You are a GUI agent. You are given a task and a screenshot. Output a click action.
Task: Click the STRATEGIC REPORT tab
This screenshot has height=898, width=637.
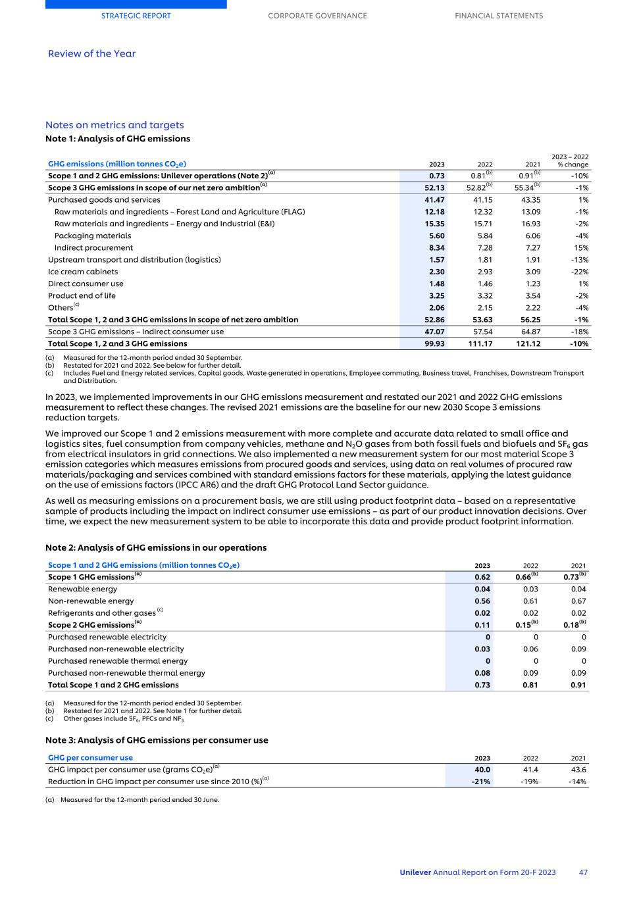(136, 16)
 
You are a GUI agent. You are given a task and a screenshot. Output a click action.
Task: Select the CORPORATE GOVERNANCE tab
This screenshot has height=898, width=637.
(317, 16)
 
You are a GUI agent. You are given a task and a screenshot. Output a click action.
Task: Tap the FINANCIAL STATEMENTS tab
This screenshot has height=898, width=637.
(499, 16)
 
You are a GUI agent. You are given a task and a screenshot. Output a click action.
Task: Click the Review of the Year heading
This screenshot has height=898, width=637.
(91, 54)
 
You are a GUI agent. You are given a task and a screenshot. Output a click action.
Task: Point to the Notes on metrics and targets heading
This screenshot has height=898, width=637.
(115, 125)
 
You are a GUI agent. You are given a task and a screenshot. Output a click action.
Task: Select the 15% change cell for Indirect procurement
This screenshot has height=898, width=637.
(581, 248)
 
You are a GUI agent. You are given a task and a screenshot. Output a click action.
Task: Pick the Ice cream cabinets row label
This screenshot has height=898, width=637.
(83, 272)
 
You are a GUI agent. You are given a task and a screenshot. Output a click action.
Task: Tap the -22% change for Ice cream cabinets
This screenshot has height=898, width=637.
(579, 272)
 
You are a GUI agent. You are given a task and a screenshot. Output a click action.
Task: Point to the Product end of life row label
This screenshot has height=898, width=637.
(82, 296)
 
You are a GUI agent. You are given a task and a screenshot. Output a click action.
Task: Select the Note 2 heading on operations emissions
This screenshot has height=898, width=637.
(156, 547)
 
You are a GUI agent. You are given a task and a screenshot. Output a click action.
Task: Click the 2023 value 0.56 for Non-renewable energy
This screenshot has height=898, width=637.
(482, 601)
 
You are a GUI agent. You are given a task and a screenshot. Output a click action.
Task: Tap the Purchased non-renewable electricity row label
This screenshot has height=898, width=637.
(116, 649)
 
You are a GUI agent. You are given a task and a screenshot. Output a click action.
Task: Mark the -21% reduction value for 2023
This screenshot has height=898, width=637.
(481, 782)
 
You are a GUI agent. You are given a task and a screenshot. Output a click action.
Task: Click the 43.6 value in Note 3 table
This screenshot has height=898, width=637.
(579, 770)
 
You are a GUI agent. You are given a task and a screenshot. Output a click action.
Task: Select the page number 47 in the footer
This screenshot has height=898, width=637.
(583, 872)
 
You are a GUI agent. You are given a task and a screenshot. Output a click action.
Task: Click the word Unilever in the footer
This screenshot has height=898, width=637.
(415, 872)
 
